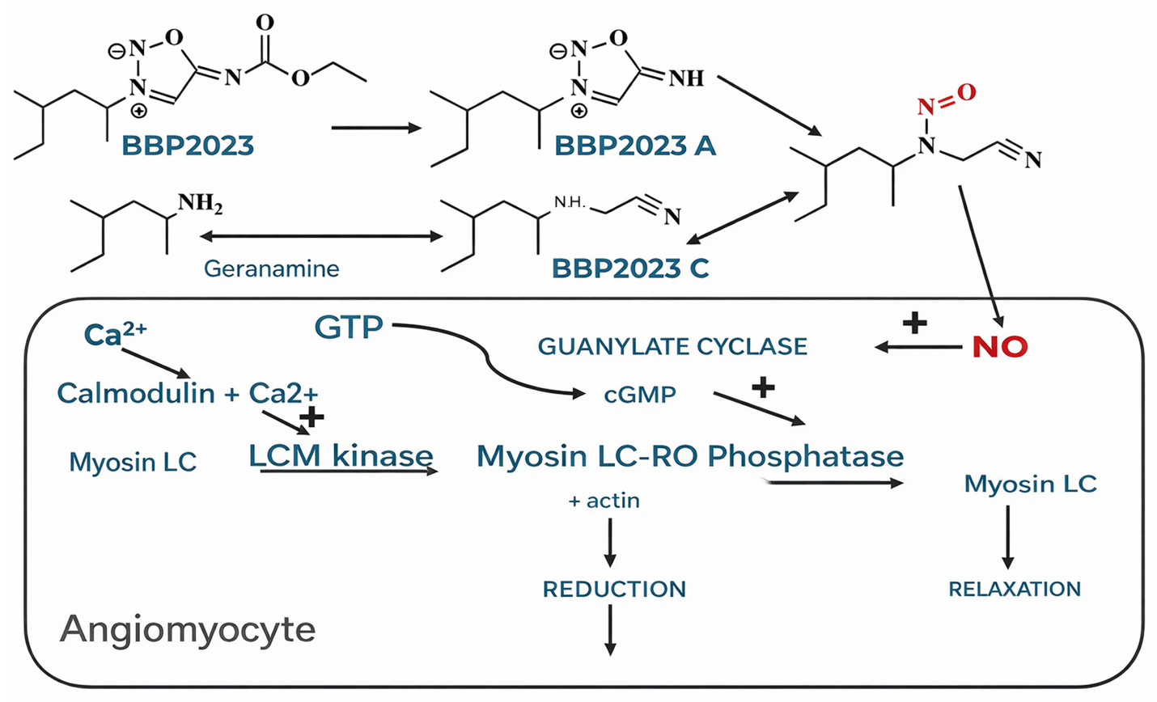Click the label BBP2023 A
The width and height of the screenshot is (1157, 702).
(x=634, y=146)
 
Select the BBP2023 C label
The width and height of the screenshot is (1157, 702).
(x=630, y=269)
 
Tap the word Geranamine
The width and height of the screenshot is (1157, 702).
(x=271, y=269)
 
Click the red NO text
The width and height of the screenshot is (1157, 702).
(x=1000, y=347)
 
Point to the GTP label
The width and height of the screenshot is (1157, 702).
(x=349, y=328)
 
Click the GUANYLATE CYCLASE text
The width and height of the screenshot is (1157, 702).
(x=672, y=347)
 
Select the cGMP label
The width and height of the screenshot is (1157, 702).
(x=640, y=395)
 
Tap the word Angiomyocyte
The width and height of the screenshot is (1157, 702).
(x=188, y=629)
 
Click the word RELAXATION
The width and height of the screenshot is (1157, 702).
(x=1015, y=589)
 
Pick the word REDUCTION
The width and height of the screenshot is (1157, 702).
(x=614, y=589)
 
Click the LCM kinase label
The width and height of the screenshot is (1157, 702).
(x=341, y=456)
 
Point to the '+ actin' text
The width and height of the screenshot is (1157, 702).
(x=604, y=501)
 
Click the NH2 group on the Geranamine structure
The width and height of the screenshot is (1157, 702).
(x=200, y=202)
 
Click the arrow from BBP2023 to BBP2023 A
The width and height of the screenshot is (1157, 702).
(x=376, y=128)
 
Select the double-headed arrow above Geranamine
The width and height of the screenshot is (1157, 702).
(x=321, y=236)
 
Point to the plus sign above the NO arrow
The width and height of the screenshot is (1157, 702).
(x=915, y=323)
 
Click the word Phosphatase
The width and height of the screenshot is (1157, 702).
(x=805, y=456)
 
